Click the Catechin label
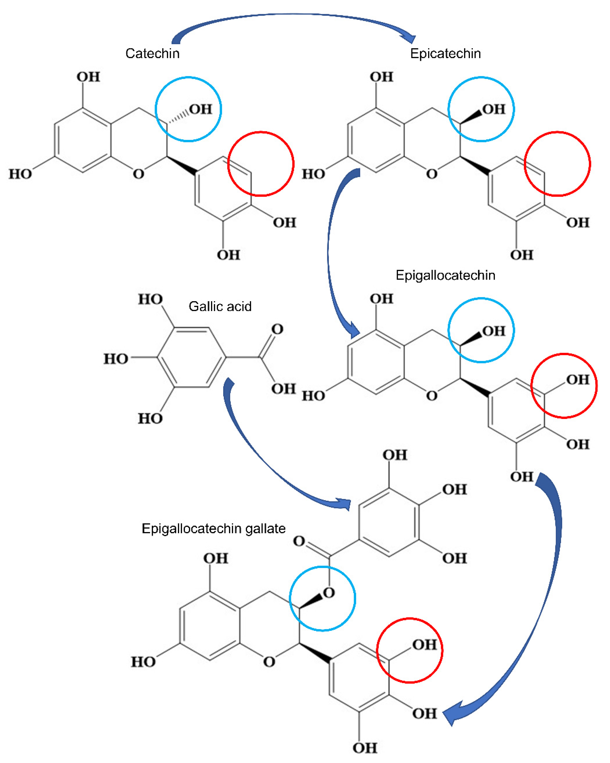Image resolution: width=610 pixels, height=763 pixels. tap(152, 53)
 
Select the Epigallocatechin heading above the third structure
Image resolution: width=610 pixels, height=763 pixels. tap(445, 275)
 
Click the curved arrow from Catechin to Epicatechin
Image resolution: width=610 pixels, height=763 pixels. tap(294, 15)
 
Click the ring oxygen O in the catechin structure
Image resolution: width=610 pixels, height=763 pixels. tap(138, 174)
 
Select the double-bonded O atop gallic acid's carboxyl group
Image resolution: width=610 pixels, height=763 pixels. tap(277, 329)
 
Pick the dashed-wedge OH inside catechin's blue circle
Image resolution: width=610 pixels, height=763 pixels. tap(200, 109)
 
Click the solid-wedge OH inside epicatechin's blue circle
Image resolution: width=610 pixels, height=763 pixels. tap(494, 109)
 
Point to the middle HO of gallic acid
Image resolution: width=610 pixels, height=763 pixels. tap(116, 359)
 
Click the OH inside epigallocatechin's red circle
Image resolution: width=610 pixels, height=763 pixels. tap(577, 380)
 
